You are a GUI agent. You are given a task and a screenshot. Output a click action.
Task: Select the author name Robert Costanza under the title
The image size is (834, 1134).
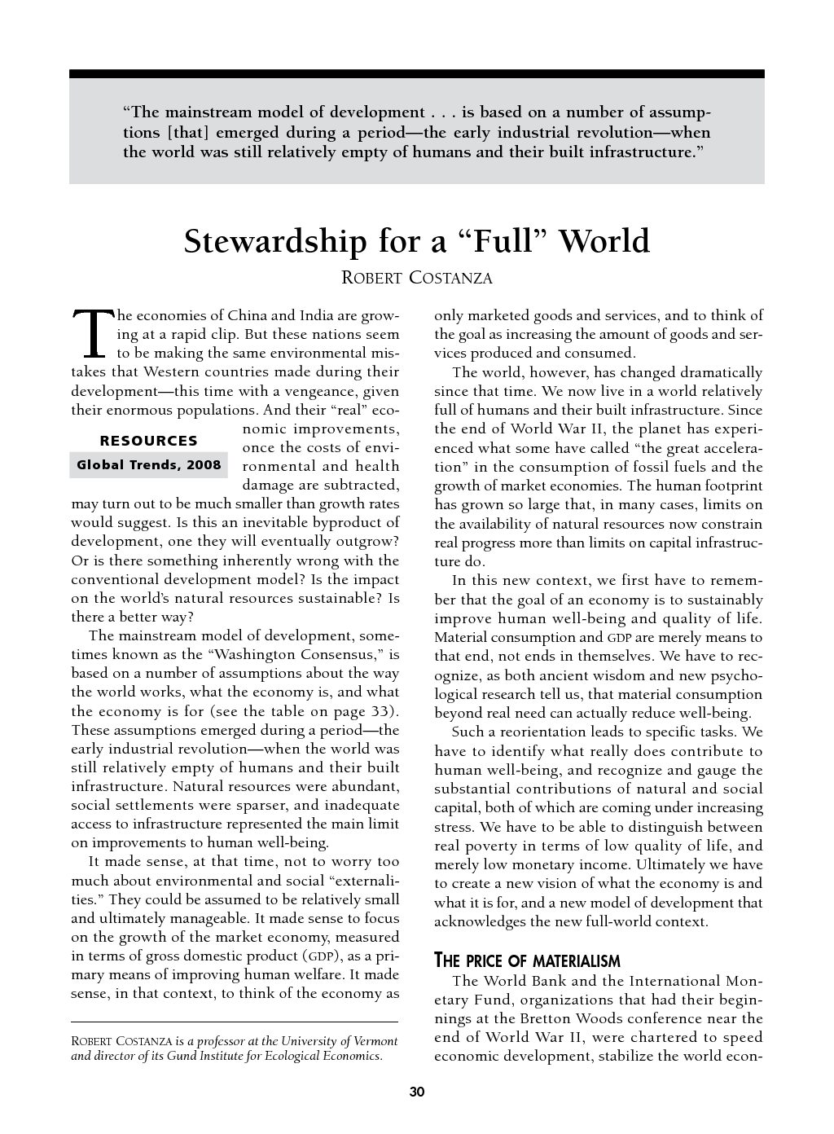point(416,278)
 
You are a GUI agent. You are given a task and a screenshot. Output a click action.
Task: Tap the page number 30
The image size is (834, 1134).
point(416,1092)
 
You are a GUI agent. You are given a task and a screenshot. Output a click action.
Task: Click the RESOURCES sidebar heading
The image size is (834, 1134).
point(148,441)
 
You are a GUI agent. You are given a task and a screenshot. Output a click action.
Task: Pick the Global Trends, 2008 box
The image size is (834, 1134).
point(148,465)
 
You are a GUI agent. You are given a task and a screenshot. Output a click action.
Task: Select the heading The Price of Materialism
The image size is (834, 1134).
point(527,960)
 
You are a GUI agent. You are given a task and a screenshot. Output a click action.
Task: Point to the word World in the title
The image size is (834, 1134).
point(606,242)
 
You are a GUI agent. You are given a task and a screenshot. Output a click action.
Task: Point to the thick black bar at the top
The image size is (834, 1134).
point(416,73)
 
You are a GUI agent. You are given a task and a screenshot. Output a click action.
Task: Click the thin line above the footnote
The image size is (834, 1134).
point(235,1022)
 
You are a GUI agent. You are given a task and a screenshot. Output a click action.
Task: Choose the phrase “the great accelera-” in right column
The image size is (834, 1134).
point(698,448)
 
